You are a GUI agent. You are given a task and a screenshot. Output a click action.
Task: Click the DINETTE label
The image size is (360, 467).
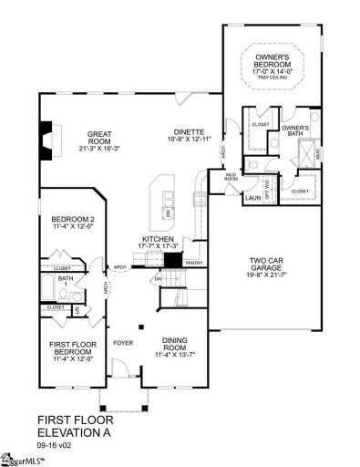191,131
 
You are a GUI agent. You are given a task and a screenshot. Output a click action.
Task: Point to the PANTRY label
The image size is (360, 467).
193,262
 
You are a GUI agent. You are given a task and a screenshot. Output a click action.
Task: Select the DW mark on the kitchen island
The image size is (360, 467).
168,213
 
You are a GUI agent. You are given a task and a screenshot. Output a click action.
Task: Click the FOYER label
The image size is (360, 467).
121,345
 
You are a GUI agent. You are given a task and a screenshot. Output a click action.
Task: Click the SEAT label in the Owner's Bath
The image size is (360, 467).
316,155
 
